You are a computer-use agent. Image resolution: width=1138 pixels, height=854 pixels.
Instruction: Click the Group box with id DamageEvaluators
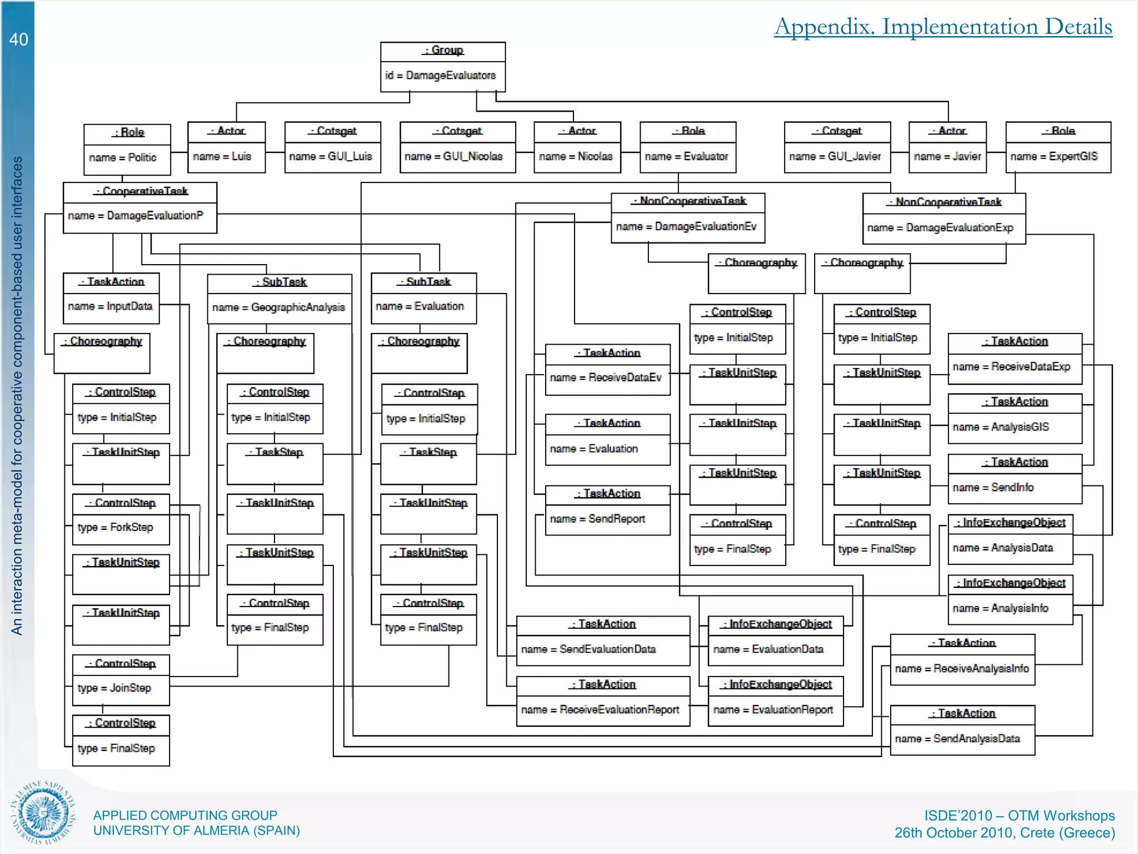point(443,67)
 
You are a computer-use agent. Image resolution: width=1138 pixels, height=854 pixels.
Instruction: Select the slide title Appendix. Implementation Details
point(943,27)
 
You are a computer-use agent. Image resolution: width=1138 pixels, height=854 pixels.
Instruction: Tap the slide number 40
point(18,39)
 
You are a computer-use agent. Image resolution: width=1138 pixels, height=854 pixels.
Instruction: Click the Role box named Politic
point(127,149)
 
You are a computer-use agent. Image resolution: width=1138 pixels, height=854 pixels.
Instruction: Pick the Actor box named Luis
point(226,147)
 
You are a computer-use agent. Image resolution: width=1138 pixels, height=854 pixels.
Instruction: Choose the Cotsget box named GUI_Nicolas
point(457,147)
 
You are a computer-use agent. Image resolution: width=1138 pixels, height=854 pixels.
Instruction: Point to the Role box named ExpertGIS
point(1058,147)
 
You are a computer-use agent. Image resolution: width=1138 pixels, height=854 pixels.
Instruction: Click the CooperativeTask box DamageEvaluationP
point(140,207)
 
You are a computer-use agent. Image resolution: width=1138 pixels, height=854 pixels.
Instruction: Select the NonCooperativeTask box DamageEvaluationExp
point(944,219)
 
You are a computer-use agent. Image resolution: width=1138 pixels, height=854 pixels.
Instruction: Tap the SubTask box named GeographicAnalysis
point(279,299)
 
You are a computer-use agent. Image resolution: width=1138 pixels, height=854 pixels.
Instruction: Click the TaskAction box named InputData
point(111,298)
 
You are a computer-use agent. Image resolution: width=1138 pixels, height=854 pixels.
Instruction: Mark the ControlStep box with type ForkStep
point(121,519)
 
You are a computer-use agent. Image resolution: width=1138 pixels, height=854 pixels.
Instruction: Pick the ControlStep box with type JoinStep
point(121,680)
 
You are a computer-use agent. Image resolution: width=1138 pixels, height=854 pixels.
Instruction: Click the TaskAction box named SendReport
point(607,510)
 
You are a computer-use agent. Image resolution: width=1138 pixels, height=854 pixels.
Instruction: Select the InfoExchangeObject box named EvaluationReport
point(776,701)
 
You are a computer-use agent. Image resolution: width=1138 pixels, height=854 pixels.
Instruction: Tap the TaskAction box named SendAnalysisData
point(962,730)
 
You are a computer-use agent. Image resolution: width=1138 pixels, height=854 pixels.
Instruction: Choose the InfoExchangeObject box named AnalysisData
point(1010,539)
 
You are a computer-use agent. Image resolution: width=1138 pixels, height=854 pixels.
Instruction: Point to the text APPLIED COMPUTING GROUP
point(185,815)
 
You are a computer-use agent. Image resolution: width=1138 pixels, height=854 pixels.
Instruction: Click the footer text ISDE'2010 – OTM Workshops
point(1019,816)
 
